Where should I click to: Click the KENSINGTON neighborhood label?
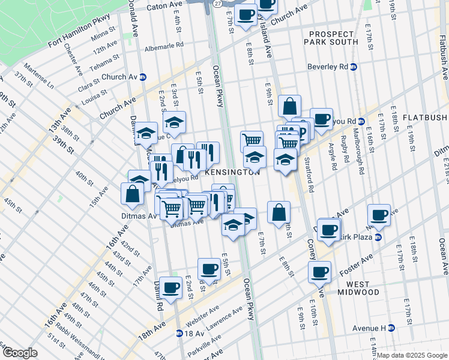pyautogui.click(x=232, y=172)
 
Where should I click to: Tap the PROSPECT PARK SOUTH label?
pyautogui.click(x=334, y=38)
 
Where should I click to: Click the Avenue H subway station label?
pyautogui.click(x=373, y=328)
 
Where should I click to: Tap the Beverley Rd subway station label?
pyautogui.click(x=332, y=67)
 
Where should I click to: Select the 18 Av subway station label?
pyautogui.click(x=191, y=333)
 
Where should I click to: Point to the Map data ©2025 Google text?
pyautogui.click(x=412, y=355)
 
